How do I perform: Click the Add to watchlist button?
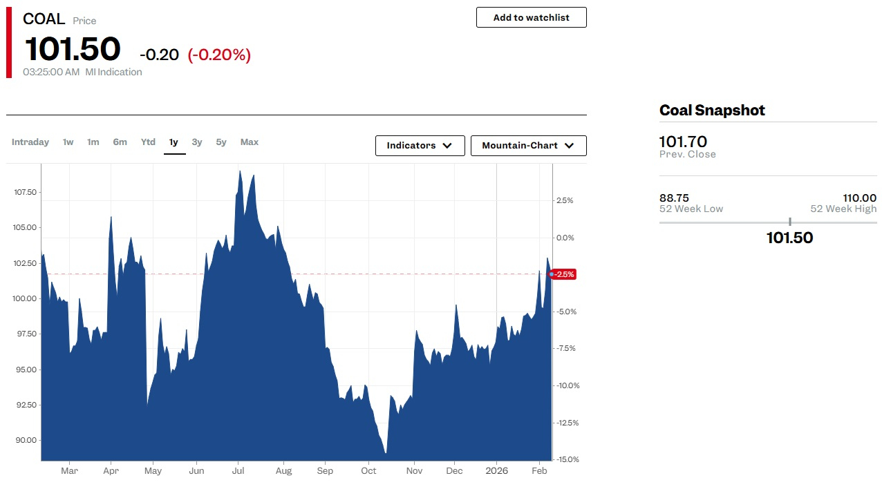click(x=531, y=17)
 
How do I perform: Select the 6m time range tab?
click(x=120, y=142)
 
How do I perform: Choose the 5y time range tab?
click(x=221, y=142)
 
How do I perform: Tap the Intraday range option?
click(x=30, y=142)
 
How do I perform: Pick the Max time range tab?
click(x=250, y=142)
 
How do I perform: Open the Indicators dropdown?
click(x=420, y=146)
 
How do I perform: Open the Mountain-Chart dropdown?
click(x=528, y=146)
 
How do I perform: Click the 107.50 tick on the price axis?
click(x=26, y=192)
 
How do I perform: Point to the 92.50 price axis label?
click(x=26, y=405)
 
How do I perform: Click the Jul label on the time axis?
click(x=238, y=471)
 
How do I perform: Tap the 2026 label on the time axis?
click(x=496, y=471)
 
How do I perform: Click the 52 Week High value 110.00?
click(x=859, y=198)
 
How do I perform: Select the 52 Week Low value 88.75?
click(x=674, y=198)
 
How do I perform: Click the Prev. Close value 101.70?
click(x=683, y=142)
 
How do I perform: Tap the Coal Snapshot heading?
click(x=712, y=111)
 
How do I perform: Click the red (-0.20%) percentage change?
click(x=219, y=55)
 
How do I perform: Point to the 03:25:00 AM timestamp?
click(x=51, y=72)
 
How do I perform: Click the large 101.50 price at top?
click(x=73, y=49)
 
